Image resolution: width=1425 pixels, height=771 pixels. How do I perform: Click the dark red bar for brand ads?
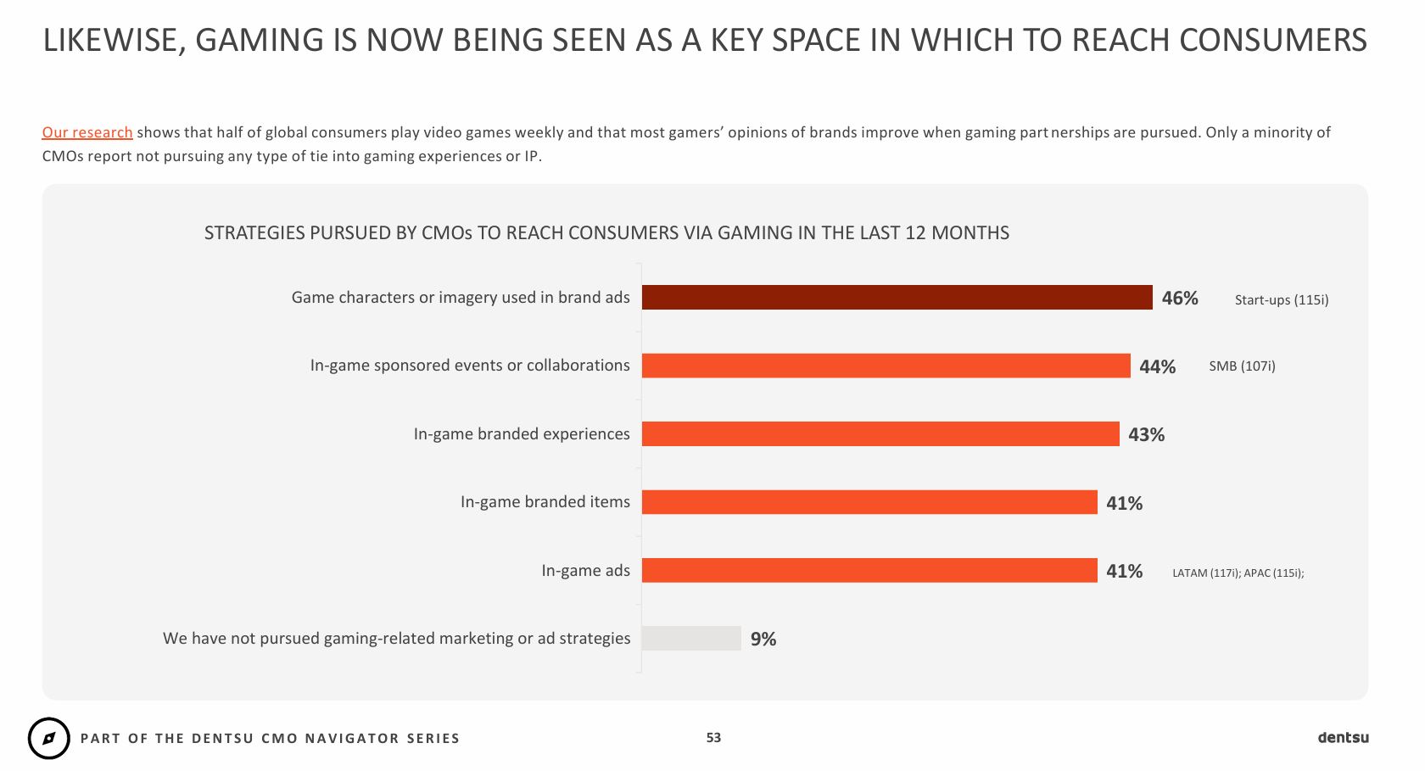click(897, 298)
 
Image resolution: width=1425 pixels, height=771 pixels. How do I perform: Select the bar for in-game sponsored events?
click(886, 366)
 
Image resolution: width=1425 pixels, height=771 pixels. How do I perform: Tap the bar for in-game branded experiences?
click(880, 434)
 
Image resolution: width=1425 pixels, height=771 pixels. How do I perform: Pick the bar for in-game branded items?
click(869, 502)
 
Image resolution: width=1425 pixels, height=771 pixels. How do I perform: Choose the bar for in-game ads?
click(869, 571)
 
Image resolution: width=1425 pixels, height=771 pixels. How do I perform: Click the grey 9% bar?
click(691, 639)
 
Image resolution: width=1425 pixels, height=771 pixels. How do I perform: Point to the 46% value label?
click(1180, 299)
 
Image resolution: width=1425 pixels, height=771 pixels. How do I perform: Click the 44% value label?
click(1158, 366)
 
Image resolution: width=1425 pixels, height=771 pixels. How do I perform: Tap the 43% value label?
click(1147, 435)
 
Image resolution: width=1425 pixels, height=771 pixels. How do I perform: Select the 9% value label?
click(763, 640)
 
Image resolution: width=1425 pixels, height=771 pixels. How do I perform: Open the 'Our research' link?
click(87, 132)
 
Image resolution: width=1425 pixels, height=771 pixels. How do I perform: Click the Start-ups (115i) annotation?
click(1282, 299)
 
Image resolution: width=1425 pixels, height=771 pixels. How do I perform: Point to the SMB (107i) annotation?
click(1242, 366)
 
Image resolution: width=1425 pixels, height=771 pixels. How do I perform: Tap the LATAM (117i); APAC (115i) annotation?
click(1238, 573)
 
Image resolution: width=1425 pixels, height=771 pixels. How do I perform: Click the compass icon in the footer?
click(49, 738)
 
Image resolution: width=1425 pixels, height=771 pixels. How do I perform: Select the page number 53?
click(713, 738)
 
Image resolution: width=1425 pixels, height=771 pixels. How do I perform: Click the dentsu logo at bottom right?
click(1343, 737)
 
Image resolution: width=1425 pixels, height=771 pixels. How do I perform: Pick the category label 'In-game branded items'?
click(545, 502)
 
